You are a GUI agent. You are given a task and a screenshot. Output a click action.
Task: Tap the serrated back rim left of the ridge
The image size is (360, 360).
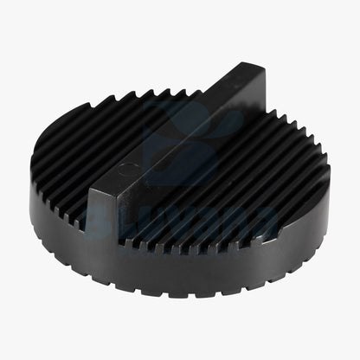click(138, 93)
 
